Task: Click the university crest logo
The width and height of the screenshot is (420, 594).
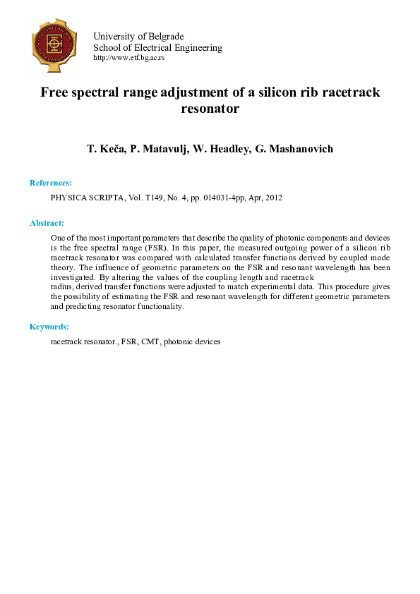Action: pos(54,45)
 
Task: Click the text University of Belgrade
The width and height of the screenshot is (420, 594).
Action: pos(138,37)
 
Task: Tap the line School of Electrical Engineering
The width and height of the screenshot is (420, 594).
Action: pos(157,48)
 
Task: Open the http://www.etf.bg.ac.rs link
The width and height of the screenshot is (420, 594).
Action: pos(128,58)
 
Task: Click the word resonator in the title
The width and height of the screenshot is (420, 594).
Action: pos(210,109)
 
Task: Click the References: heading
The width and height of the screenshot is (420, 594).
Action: pos(50,183)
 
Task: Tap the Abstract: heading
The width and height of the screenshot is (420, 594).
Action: pos(47,223)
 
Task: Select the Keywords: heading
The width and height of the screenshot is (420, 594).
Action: pos(49,327)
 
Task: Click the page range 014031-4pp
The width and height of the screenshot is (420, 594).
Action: pos(220,198)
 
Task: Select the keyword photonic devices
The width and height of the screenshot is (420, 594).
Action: pos(192,341)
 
